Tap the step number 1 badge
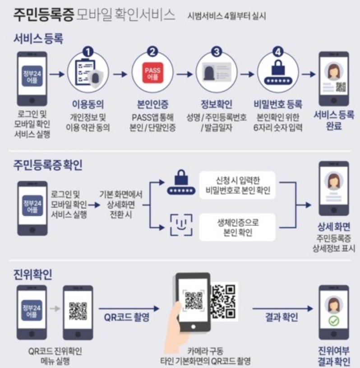pyautogui.click(x=88, y=52)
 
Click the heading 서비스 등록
pyautogui.click(x=38, y=39)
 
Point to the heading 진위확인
pyautogui.click(x=32, y=274)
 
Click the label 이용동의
pyautogui.click(x=88, y=105)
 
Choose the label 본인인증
pyautogui.click(x=152, y=105)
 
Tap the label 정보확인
pyautogui.click(x=216, y=105)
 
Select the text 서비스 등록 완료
pyautogui.click(x=334, y=120)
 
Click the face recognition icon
pyautogui.click(x=181, y=225)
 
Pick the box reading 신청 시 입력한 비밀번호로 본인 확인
pyautogui.click(x=238, y=184)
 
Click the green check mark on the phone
pyautogui.click(x=334, y=321)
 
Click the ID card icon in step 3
pyautogui.click(x=216, y=73)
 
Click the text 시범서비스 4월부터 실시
pyautogui.click(x=227, y=16)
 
